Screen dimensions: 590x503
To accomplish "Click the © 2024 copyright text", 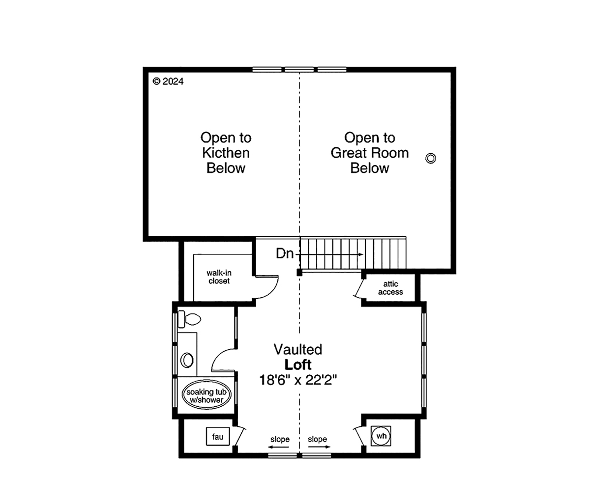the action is (168, 82).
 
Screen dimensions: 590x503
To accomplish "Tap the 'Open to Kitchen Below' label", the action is (226, 153).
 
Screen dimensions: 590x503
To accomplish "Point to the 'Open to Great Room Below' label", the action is (370, 153).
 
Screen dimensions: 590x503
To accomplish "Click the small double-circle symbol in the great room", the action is (431, 158).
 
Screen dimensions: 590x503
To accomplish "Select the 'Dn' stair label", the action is (285, 253).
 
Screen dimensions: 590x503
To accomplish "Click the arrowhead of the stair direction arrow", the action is (361, 254).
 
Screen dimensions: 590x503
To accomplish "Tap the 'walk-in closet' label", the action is (219, 277).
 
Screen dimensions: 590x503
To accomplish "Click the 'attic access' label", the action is (390, 288).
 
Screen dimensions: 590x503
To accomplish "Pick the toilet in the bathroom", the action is (189, 319).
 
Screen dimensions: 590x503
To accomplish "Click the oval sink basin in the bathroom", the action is (187, 360).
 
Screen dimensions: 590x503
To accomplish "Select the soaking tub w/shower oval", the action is (206, 395).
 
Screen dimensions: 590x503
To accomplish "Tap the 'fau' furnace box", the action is (218, 436).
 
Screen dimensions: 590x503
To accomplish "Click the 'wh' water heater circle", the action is (381, 436).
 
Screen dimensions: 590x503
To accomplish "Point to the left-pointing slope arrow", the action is (279, 447).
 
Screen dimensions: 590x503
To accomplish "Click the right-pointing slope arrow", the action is (319, 447).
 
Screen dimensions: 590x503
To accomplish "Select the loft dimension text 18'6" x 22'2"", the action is (298, 380).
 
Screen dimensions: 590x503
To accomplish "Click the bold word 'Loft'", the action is (298, 364).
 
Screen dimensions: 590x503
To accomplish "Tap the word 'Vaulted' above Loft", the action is (298, 349).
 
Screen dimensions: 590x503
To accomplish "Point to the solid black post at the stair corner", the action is (299, 272).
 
